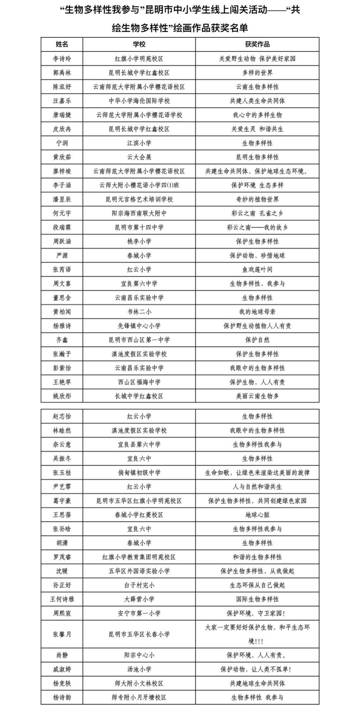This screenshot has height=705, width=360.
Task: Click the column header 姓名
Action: [x=62, y=44]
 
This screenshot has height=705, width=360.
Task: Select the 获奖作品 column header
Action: [x=257, y=44]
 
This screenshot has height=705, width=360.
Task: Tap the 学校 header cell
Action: [x=139, y=44]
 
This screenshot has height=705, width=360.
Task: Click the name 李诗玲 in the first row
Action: [x=62, y=58]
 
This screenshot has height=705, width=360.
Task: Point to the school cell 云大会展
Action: [x=139, y=157]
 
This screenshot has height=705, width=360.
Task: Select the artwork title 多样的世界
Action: [x=257, y=73]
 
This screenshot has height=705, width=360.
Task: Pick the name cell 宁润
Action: [x=62, y=143]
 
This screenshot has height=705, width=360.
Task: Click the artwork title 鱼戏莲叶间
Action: [x=257, y=269]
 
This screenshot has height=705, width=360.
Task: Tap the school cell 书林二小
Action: [x=139, y=312]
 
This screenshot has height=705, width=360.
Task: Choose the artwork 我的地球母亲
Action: [x=257, y=312]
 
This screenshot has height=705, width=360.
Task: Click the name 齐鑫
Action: [x=62, y=340]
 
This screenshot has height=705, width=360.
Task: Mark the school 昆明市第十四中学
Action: [x=139, y=227]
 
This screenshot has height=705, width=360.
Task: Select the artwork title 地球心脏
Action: [x=257, y=515]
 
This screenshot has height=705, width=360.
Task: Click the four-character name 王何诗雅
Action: [x=62, y=599]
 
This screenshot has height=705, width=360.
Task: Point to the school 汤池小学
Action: [x=139, y=669]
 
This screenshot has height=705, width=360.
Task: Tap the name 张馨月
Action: [x=62, y=634]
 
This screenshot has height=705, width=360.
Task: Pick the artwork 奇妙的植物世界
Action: [x=257, y=199]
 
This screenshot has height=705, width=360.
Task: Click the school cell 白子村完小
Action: [x=139, y=585]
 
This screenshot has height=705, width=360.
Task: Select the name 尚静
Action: [x=62, y=655]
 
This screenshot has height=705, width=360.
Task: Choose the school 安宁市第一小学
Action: [x=139, y=613]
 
